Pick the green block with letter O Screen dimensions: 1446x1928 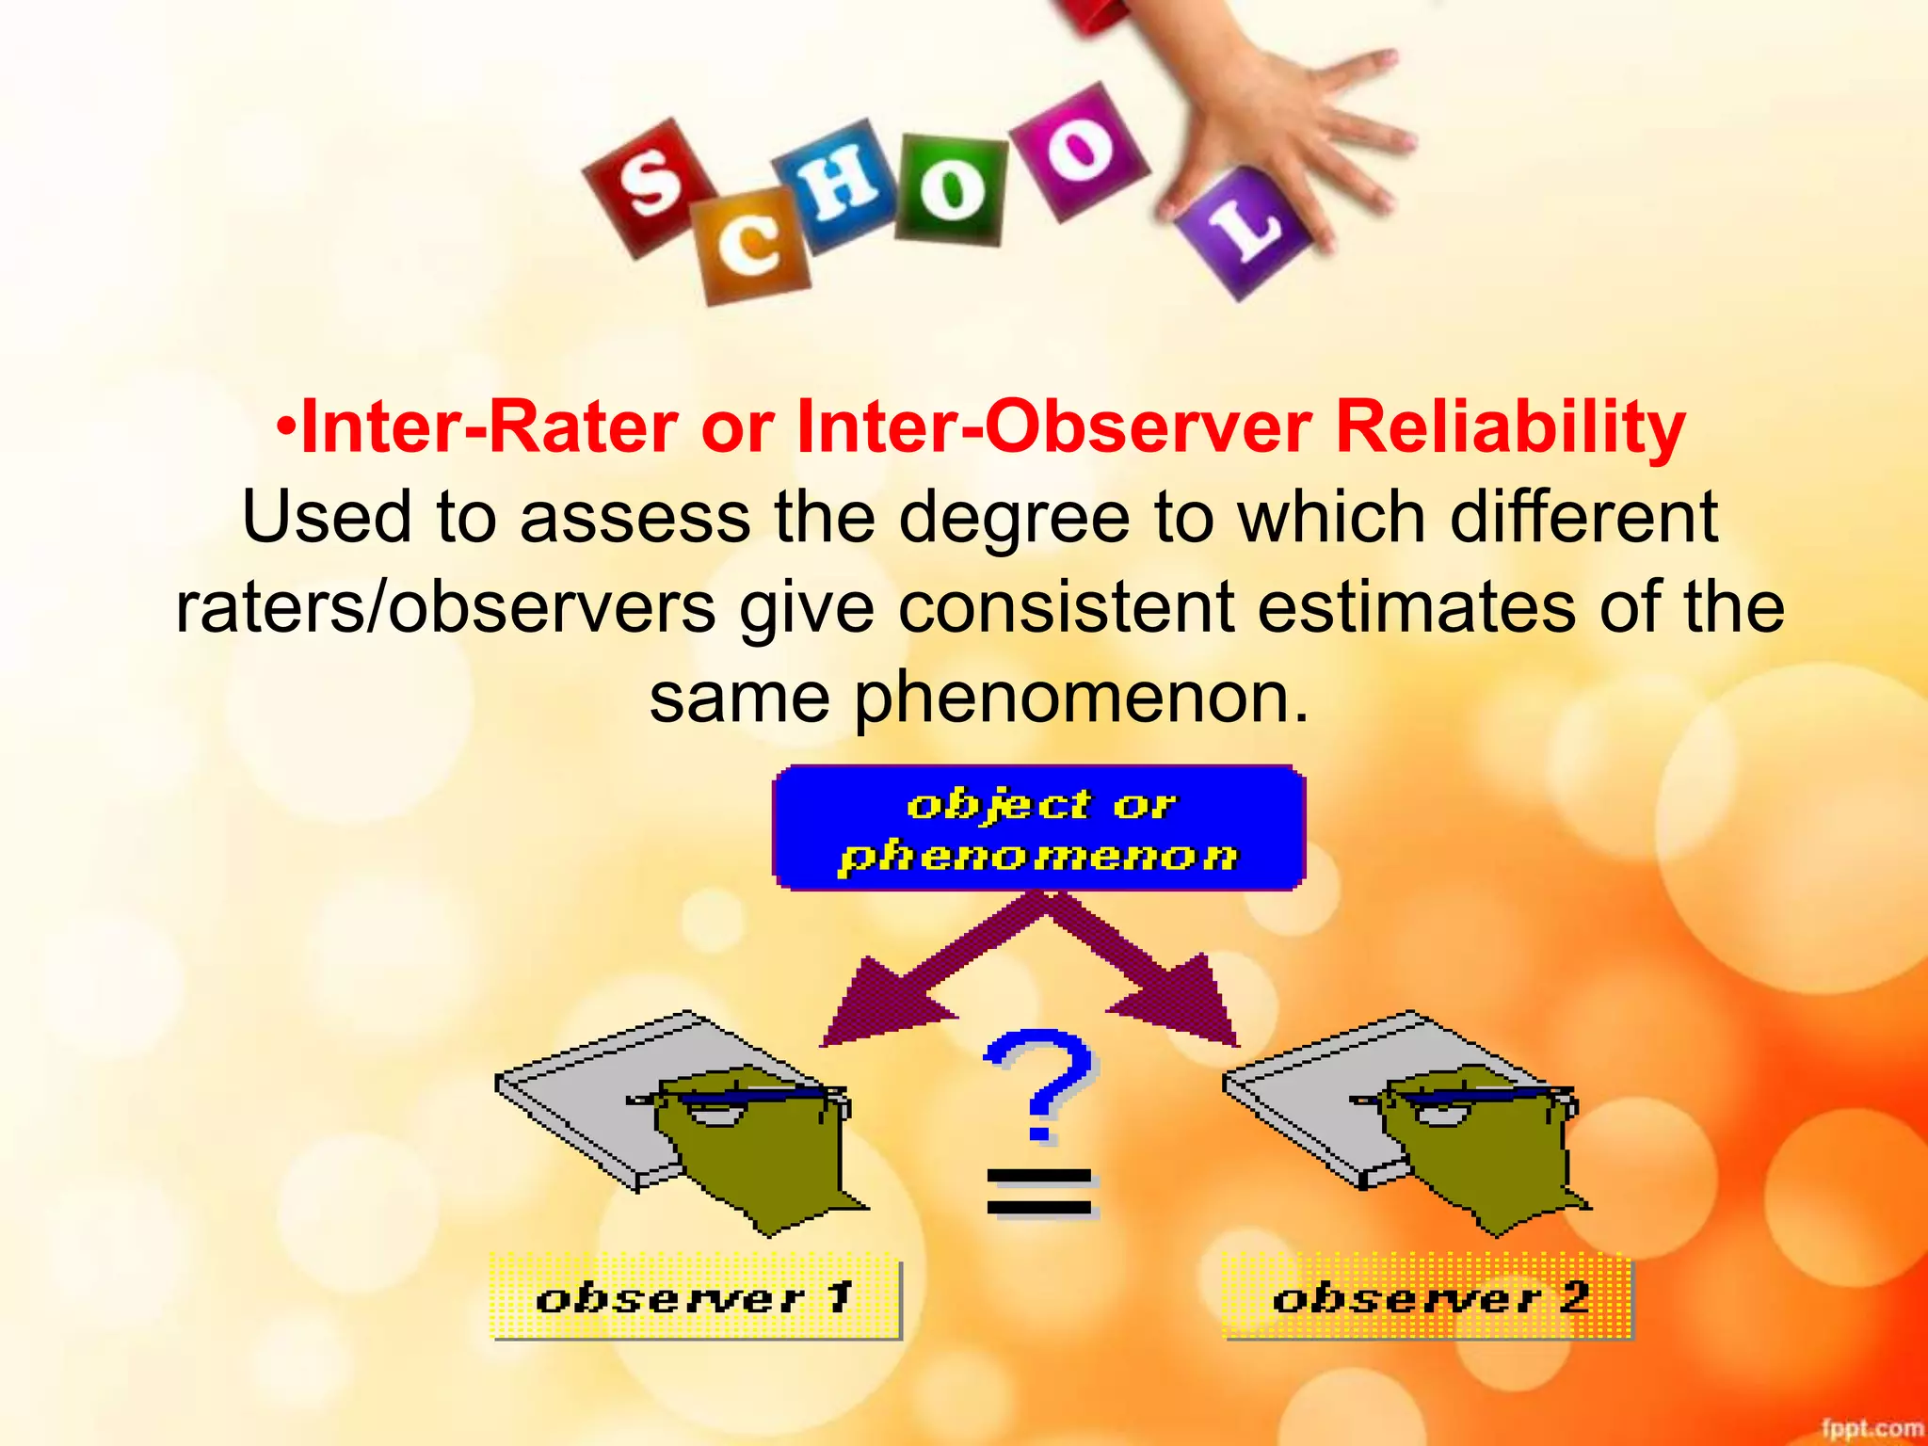[951, 188]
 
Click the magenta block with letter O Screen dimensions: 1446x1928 [1079, 151]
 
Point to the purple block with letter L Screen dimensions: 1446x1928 [1244, 231]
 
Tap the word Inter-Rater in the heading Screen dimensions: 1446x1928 [489, 428]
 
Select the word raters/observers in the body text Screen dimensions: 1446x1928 [444, 608]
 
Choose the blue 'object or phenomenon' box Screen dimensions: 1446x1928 [1038, 828]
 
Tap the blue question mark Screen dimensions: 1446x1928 [1039, 1083]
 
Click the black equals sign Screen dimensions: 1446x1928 [1039, 1193]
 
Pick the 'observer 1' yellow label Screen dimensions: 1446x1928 [695, 1298]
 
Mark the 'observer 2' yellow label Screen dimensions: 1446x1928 [1427, 1298]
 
